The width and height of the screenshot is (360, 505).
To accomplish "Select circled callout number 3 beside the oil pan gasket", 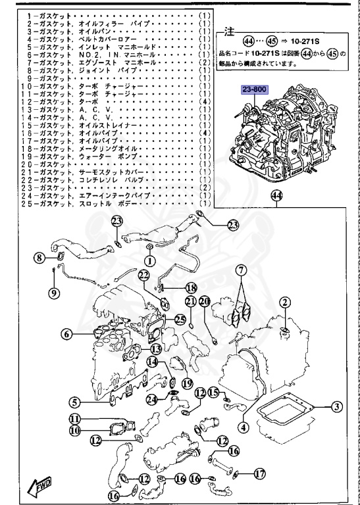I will (x=336, y=406).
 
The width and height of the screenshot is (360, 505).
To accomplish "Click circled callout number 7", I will (x=242, y=270).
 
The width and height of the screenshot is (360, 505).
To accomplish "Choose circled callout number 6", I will (x=67, y=334).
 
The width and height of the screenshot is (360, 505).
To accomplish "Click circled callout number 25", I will (x=180, y=319).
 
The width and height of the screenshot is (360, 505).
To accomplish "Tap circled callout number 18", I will (x=190, y=287).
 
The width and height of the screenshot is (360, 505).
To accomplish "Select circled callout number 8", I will (x=39, y=258).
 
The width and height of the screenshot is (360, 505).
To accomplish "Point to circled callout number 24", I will (x=151, y=398).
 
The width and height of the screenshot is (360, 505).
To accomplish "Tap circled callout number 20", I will (x=204, y=301).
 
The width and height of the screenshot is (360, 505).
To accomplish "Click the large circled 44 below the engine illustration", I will (x=276, y=195).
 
